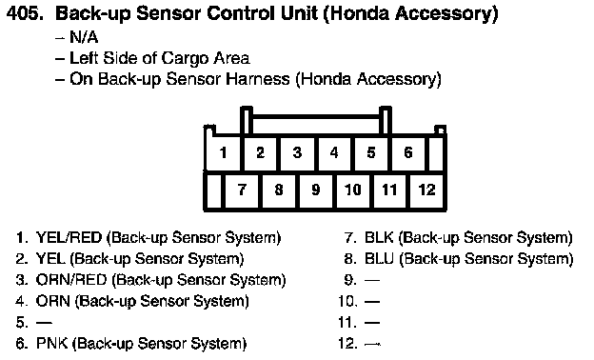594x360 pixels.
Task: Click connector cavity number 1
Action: pos(223,152)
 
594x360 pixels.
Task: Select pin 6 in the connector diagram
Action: pos(408,152)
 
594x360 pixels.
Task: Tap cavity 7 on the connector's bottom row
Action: pos(242,190)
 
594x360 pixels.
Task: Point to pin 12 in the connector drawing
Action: pos(426,190)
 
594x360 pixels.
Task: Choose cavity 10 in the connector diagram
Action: pos(352,190)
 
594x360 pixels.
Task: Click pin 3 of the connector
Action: pos(297,152)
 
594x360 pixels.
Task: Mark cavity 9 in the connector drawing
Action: pos(316,190)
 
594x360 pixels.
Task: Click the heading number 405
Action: pos(25,14)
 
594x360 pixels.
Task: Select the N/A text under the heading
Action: pos(84,37)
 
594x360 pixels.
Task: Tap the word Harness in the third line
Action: pos(258,79)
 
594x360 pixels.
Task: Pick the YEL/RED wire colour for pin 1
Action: pos(69,237)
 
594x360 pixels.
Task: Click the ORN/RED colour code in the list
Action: pos(71,280)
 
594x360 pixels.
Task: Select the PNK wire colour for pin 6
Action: pos(51,343)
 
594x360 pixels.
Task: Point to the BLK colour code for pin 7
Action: pos(379,237)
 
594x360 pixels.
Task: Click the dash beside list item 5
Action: pos(44,323)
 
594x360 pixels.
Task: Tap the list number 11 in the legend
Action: pos(347,323)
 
